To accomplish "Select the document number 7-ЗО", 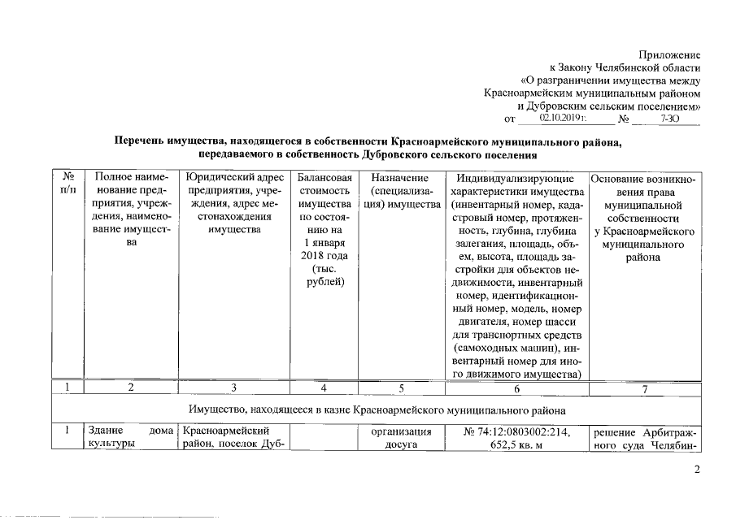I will click(669, 119).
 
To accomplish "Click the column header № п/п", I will click(68, 183).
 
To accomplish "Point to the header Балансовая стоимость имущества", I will click(324, 230).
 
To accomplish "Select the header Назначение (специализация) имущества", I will click(399, 190).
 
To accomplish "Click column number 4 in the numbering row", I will click(324, 388).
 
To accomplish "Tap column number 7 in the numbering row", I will click(644, 388).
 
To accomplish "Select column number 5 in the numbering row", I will click(399, 388).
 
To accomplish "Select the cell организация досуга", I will click(399, 438).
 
